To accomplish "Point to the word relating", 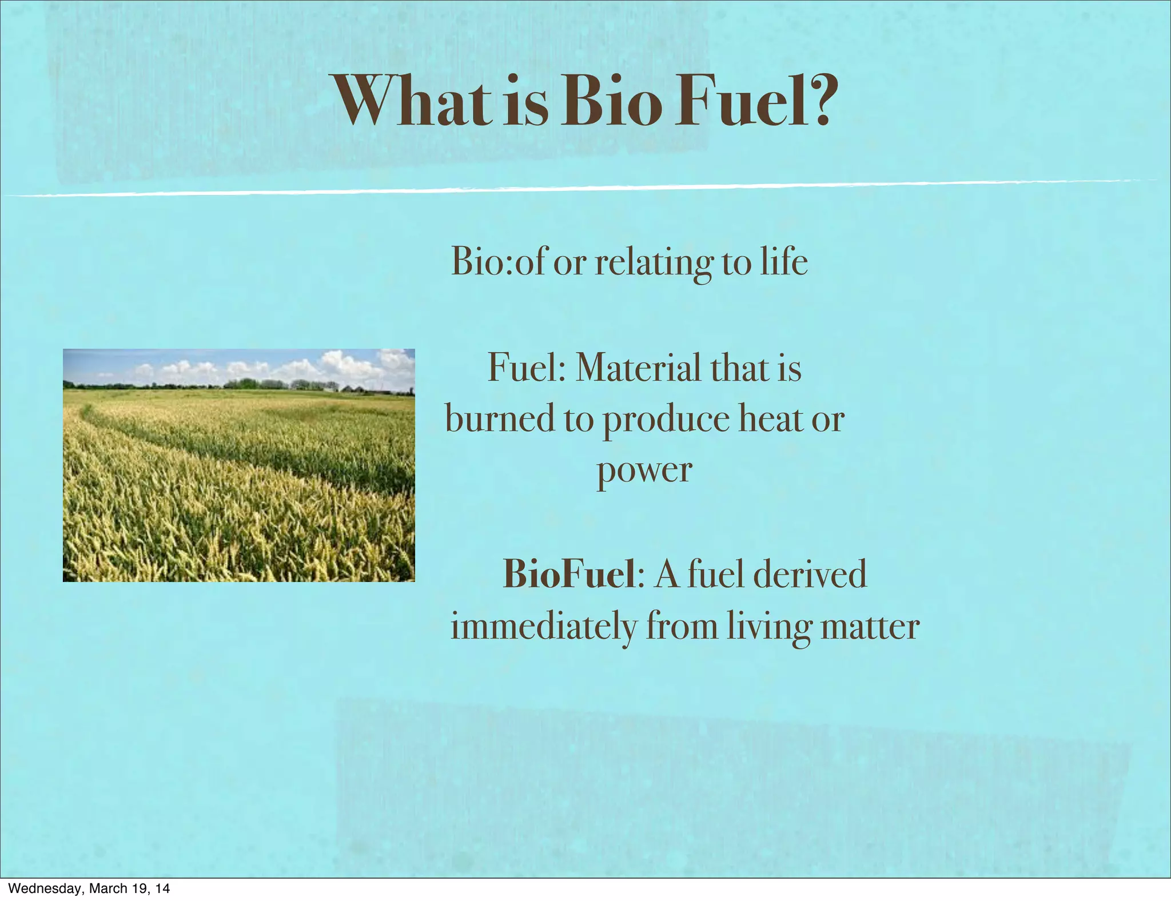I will point(654,263).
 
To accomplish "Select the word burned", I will point(500,418).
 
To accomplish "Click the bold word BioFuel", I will point(569,574).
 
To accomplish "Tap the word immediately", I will point(543,627).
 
